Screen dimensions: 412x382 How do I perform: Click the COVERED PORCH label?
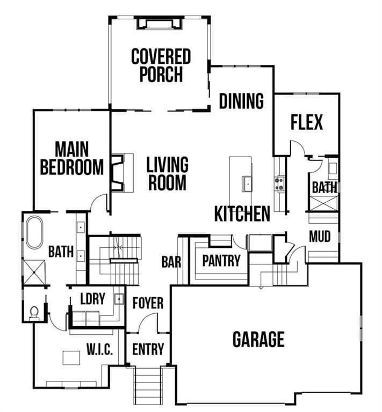click(161, 65)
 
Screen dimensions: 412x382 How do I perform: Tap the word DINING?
click(241, 101)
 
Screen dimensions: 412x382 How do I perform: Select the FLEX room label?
click(307, 122)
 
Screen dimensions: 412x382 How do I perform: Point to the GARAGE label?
click(258, 339)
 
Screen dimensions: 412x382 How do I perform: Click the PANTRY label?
click(221, 261)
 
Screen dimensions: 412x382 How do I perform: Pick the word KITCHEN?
click(242, 214)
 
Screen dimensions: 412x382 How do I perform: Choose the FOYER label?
click(148, 303)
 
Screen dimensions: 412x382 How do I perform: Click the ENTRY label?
click(148, 349)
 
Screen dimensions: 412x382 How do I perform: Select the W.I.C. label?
click(99, 350)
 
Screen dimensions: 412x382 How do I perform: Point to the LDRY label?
click(92, 299)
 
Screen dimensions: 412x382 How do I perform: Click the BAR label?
click(171, 262)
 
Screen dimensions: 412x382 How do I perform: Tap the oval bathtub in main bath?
click(34, 232)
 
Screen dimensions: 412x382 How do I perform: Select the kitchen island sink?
click(247, 182)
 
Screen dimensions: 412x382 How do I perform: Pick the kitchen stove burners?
click(279, 184)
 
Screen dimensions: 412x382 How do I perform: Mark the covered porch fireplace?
click(159, 24)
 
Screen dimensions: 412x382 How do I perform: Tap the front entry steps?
click(148, 385)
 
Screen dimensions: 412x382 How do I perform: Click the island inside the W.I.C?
click(71, 358)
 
